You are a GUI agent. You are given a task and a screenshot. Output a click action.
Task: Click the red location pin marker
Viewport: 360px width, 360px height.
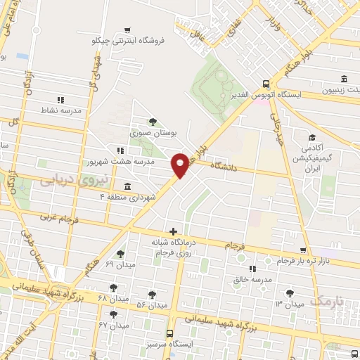180,165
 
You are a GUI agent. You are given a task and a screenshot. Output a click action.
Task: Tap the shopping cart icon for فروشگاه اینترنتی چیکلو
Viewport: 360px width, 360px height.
127,30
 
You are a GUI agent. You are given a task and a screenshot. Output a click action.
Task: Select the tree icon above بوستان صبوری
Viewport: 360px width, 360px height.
153,122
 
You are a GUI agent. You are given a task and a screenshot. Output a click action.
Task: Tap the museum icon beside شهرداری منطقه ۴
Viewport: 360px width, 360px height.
127,187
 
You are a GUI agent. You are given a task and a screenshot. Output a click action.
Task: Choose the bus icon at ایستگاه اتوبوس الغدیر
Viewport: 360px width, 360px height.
264,83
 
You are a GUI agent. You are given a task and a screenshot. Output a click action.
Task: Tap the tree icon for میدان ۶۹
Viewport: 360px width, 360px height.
120,254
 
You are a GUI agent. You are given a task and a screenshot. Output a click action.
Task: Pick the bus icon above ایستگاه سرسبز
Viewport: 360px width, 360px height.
169,334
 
